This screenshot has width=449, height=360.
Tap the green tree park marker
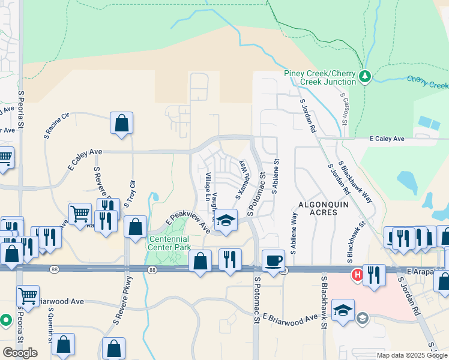click(x=364, y=76)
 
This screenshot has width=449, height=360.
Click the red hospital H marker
click(x=357, y=275)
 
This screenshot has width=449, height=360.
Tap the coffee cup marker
click(x=274, y=261)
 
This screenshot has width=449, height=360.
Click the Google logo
click(x=20, y=353)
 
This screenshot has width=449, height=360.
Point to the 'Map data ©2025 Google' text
click(x=412, y=355)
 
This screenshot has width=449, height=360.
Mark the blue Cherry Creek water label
click(x=427, y=81)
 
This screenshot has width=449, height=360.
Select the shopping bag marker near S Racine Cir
click(x=121, y=124)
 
